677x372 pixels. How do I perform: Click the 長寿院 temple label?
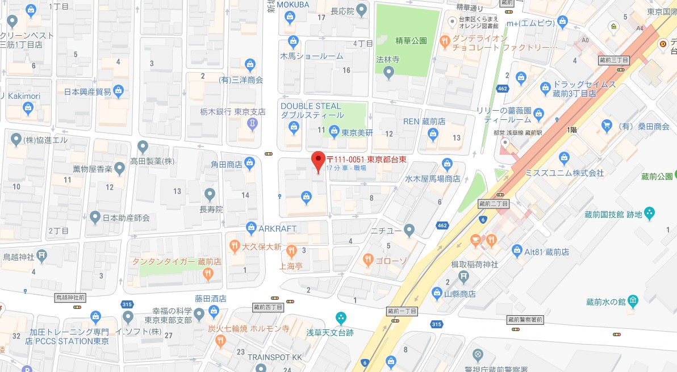click(210, 209)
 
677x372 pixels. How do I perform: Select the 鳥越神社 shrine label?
click(19, 256)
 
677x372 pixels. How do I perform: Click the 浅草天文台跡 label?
click(330, 332)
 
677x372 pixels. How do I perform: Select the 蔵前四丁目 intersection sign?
click(267, 307)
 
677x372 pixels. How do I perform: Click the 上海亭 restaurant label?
click(290, 265)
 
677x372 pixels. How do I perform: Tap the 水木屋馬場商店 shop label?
click(432, 178)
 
